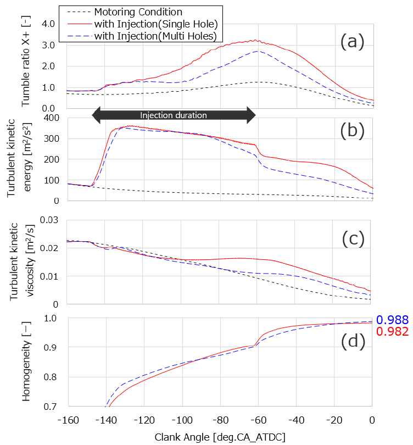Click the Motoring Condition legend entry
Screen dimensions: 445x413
tap(138, 12)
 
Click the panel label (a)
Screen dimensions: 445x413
tap(351, 41)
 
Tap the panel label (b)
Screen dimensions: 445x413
tap(351, 131)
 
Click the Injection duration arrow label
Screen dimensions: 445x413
tap(173, 115)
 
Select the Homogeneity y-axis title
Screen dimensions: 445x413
tap(26, 363)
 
